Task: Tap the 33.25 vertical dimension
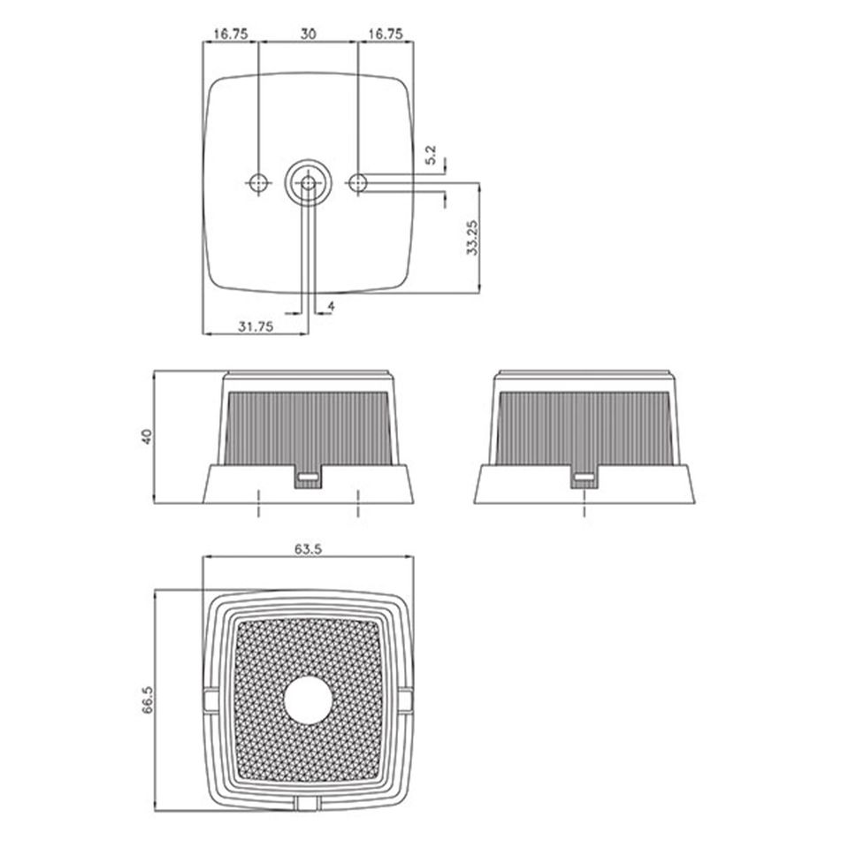point(472,237)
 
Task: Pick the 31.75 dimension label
point(255,326)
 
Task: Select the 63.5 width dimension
point(308,548)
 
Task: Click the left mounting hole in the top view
point(258,183)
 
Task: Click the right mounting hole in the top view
point(357,183)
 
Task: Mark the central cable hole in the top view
point(308,183)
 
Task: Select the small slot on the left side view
point(308,478)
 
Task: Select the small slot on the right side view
point(584,478)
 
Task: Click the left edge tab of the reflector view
point(210,700)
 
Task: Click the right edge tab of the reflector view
point(406,700)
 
